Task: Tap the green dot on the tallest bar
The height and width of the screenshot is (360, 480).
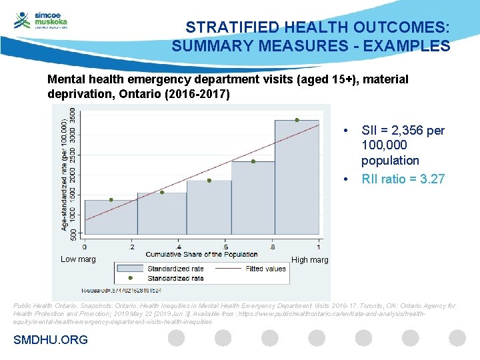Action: point(297,120)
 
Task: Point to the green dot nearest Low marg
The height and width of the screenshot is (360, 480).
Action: point(111,200)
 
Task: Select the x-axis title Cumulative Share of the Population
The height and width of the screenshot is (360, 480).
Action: point(201,255)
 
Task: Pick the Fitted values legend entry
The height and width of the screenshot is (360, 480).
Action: point(265,269)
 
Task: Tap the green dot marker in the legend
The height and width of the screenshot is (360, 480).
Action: point(131,278)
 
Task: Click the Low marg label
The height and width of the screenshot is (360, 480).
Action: point(78,259)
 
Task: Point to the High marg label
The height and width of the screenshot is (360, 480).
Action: point(310,260)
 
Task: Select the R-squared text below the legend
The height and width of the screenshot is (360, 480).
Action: point(121,290)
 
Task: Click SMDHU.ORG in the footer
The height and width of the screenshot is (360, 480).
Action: point(51,340)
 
